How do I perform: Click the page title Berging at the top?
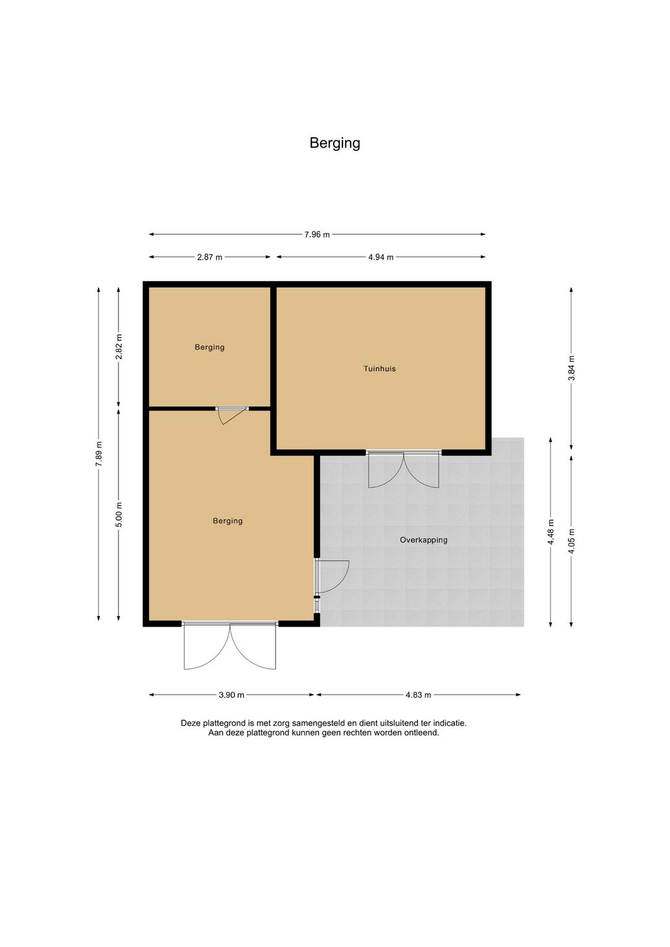pyautogui.click(x=335, y=143)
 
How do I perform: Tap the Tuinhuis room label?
pyautogui.click(x=380, y=369)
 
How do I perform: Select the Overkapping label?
pyautogui.click(x=424, y=540)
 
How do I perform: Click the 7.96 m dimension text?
pyautogui.click(x=317, y=235)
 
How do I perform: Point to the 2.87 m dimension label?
pyautogui.click(x=210, y=257)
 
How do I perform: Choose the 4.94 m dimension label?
pyautogui.click(x=381, y=257)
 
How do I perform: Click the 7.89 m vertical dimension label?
pyautogui.click(x=99, y=454)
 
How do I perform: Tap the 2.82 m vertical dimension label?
pyautogui.click(x=118, y=347)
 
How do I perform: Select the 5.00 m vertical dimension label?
pyautogui.click(x=118, y=514)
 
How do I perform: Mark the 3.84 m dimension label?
pyautogui.click(x=571, y=368)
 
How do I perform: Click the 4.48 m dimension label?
pyautogui.click(x=551, y=532)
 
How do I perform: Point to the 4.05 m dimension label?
pyautogui.click(x=571, y=541)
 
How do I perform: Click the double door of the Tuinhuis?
pyautogui.click(x=404, y=469)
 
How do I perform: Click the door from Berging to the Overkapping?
pyautogui.click(x=331, y=577)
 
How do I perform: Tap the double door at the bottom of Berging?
pyautogui.click(x=230, y=645)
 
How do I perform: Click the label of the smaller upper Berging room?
pyautogui.click(x=209, y=347)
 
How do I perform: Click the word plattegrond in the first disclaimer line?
pyautogui.click(x=225, y=724)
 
